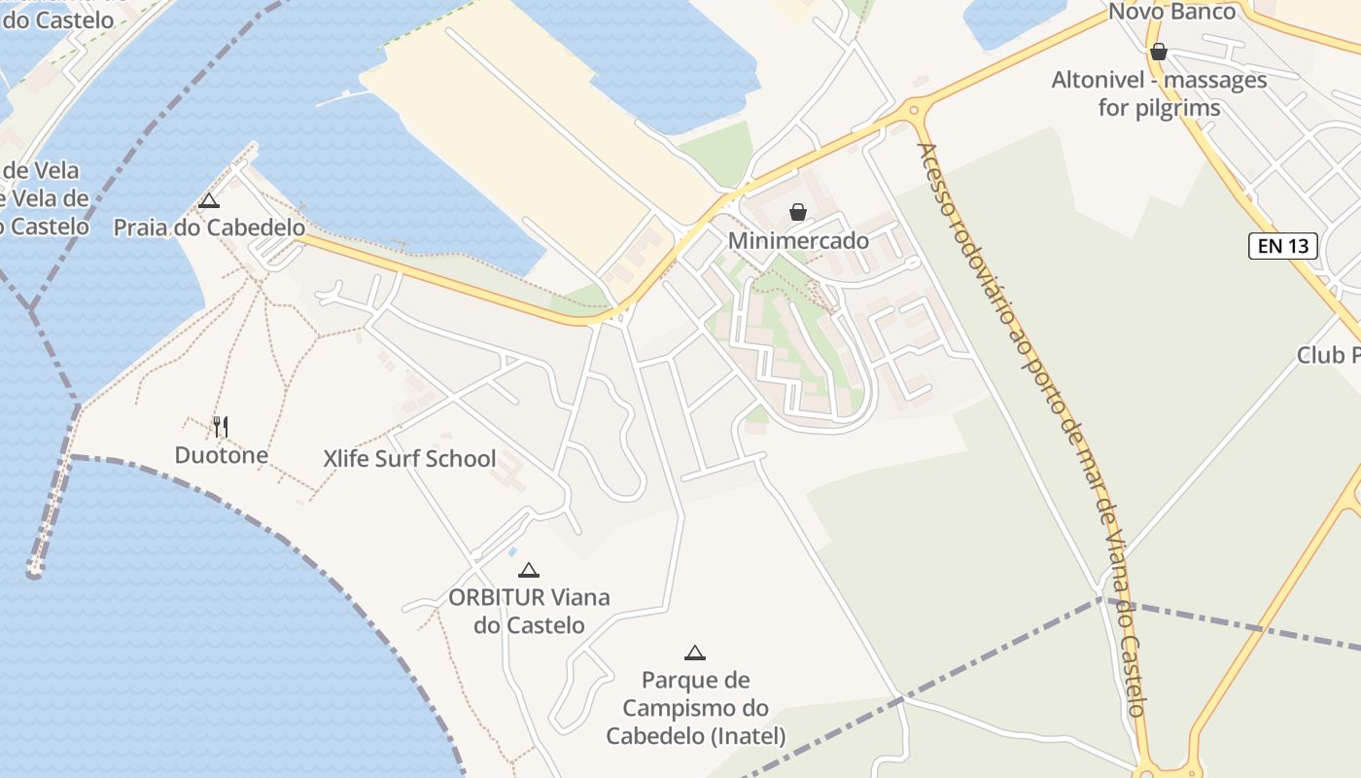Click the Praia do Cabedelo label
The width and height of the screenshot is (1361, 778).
click(209, 229)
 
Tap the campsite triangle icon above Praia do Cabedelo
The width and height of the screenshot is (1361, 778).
click(208, 201)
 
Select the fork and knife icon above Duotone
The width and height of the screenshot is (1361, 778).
click(221, 426)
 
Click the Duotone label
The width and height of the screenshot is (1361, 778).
click(222, 455)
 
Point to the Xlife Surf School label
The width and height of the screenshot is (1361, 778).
click(409, 459)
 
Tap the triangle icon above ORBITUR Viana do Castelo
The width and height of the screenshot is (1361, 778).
click(528, 570)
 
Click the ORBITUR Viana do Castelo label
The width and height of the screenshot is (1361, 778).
click(529, 611)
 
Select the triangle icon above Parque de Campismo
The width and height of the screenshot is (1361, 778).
click(694, 653)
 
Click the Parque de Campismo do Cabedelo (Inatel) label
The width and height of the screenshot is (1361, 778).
click(696, 708)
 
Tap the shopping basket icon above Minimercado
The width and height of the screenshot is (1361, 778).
click(798, 212)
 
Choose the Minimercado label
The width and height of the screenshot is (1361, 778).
click(798, 240)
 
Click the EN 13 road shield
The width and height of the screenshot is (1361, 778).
click(1283, 246)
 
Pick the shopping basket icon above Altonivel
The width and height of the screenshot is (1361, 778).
click(1158, 52)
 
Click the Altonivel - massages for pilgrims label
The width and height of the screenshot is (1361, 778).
click(1159, 93)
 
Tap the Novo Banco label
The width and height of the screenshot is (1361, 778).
click(1171, 12)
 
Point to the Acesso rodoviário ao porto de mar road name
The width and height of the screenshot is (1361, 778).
click(1033, 428)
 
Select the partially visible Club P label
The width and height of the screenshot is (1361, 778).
click(1328, 355)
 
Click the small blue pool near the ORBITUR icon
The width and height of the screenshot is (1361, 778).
click(512, 552)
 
